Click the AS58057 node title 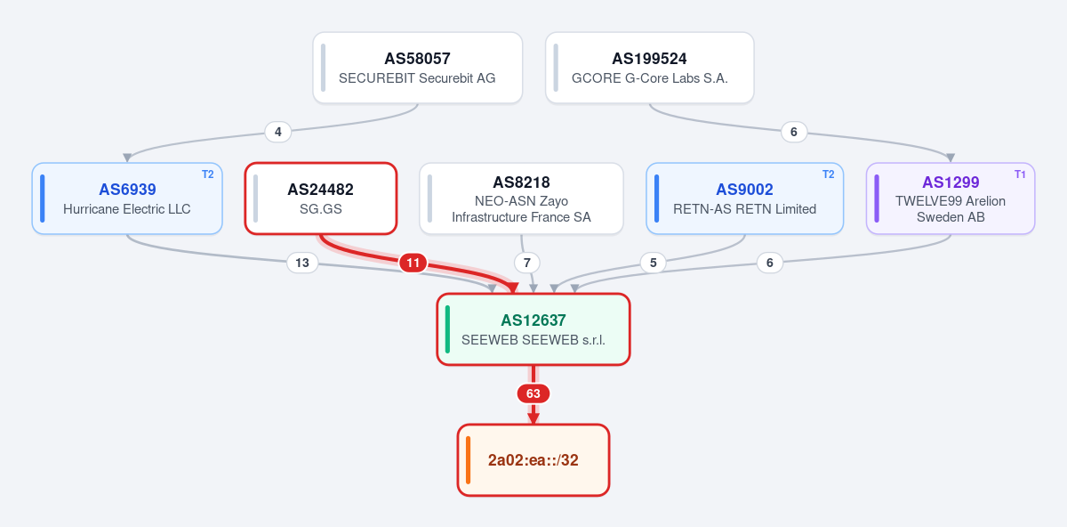tap(417, 59)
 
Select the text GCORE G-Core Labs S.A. tap(650, 78)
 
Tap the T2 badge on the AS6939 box tap(208, 174)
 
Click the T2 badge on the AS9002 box tap(829, 174)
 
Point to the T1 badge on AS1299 tap(1020, 174)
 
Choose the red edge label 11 tap(413, 263)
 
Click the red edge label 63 tap(533, 393)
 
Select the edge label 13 tap(302, 263)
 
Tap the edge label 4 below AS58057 tap(278, 132)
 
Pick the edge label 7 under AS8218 tap(526, 263)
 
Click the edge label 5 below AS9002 tap(653, 263)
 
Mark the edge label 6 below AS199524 tap(793, 132)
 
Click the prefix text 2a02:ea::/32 tap(533, 460)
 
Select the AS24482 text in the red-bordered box tap(321, 190)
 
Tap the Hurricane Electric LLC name tap(126, 209)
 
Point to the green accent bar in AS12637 tap(447, 329)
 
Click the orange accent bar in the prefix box tap(469, 460)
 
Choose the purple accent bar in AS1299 tap(877, 199)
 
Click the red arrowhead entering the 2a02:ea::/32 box tap(533, 418)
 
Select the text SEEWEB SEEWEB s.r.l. tap(533, 340)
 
